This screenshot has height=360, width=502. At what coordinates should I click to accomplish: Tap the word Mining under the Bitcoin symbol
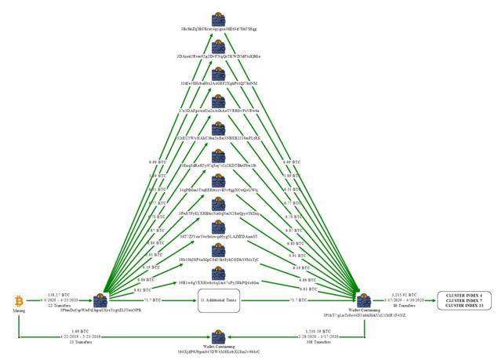18,312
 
